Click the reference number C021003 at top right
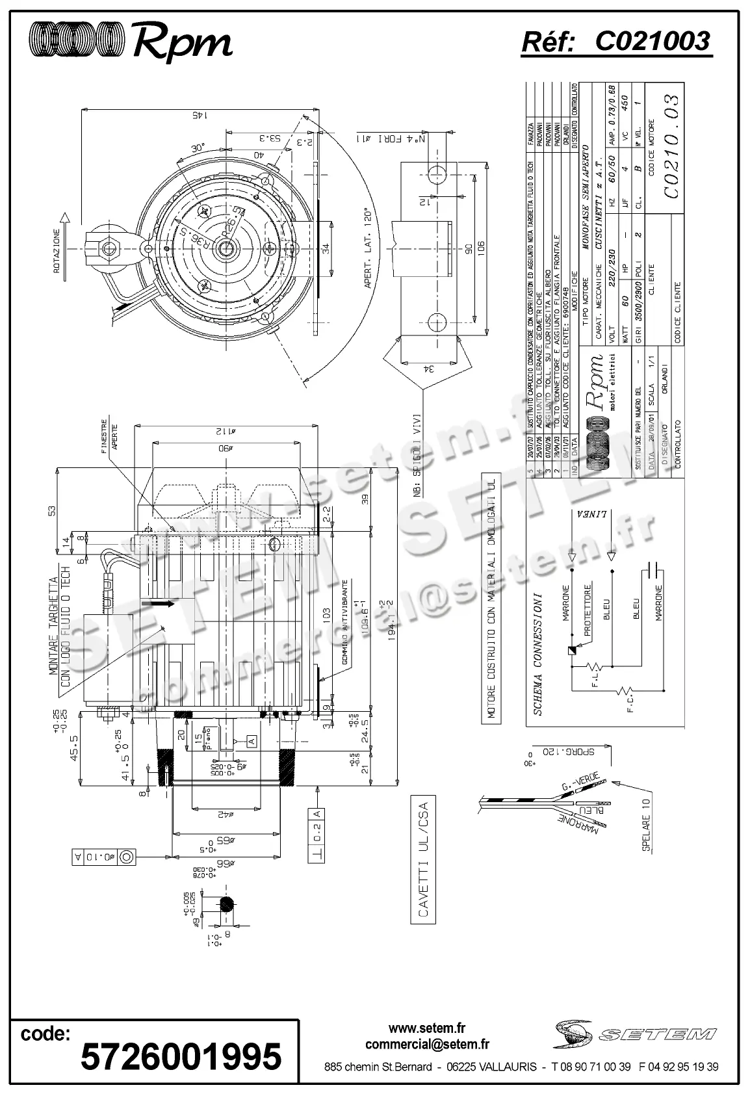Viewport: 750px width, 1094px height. click(652, 42)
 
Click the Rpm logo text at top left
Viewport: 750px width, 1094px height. click(182, 43)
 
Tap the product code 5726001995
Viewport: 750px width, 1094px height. click(181, 1055)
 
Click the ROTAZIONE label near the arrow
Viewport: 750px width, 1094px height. click(57, 251)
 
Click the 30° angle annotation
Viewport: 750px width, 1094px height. click(198, 148)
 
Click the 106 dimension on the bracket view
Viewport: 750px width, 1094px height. click(481, 250)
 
